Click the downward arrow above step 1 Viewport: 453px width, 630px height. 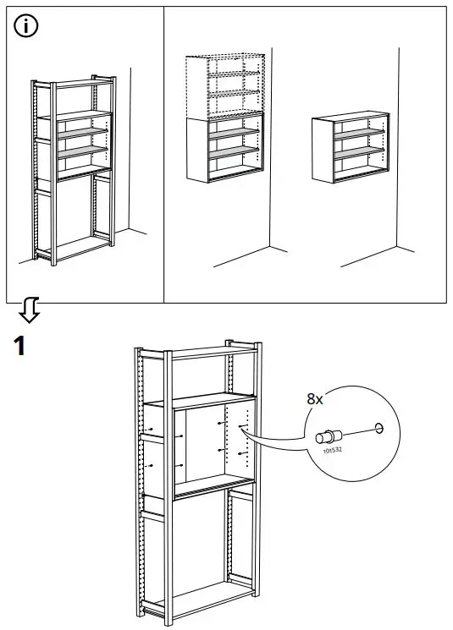[30, 311]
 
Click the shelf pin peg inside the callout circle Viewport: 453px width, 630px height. [326, 437]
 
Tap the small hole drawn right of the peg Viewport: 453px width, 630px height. [378, 428]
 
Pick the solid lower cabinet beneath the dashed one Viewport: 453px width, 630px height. [223, 150]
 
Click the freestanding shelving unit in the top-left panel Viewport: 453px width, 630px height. [73, 169]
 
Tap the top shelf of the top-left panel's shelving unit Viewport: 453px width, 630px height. [75, 83]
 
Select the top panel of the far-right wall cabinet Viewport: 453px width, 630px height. [350, 114]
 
